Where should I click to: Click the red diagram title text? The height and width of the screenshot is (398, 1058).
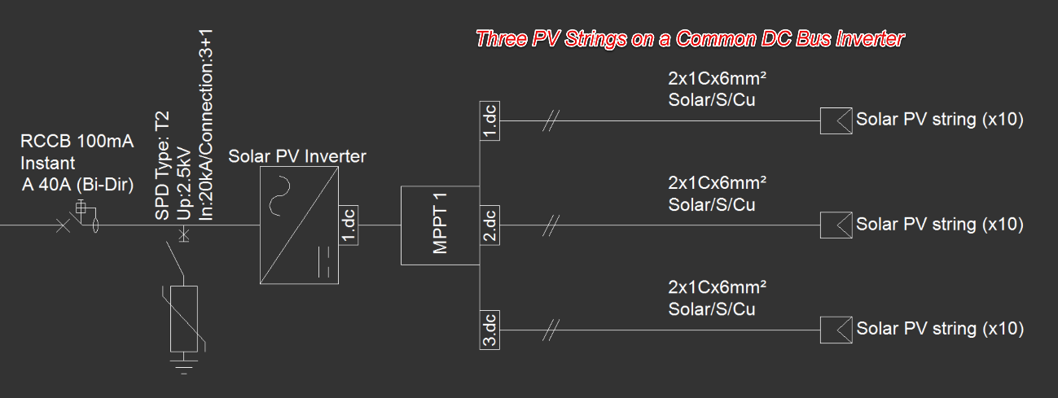pos(690,39)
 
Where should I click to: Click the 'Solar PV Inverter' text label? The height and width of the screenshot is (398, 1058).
pos(297,156)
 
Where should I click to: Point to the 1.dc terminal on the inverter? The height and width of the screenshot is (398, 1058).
pos(349,225)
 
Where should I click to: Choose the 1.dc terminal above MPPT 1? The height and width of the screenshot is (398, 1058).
pos(489,120)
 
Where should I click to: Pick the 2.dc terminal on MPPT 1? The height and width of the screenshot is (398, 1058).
pos(489,225)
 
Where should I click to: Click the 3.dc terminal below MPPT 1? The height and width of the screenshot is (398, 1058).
pos(489,330)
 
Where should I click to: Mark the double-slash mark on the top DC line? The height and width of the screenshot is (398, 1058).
pos(551,120)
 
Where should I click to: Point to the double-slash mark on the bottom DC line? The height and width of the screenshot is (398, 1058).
pos(551,330)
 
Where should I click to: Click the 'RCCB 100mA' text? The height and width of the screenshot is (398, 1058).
pos(77,141)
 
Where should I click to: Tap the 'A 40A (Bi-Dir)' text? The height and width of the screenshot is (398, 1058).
pos(78,185)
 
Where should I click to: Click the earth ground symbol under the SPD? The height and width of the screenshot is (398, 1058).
pos(184,366)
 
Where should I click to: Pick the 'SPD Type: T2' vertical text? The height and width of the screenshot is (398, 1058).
pos(162,166)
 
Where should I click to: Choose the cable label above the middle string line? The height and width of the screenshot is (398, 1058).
pos(717,194)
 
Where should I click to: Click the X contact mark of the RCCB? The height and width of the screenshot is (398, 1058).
pos(63,225)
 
